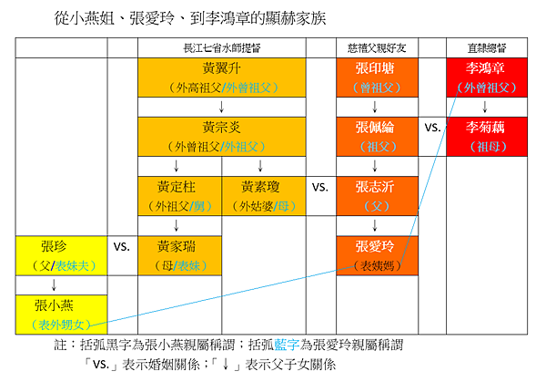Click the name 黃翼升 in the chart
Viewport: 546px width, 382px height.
click(222, 68)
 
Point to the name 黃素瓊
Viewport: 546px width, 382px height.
click(262, 187)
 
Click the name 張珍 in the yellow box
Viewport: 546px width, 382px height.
click(54, 246)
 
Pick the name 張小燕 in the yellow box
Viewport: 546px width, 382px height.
click(54, 305)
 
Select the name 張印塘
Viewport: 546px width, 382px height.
click(376, 68)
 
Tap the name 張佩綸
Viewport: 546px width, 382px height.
click(376, 128)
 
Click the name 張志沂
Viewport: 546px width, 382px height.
click(376, 187)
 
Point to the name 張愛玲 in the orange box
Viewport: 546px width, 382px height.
click(376, 246)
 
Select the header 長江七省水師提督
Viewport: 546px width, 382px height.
click(221, 46)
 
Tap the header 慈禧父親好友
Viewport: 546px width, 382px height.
click(376, 46)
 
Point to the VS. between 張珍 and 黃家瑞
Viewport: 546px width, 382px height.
click(123, 247)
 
